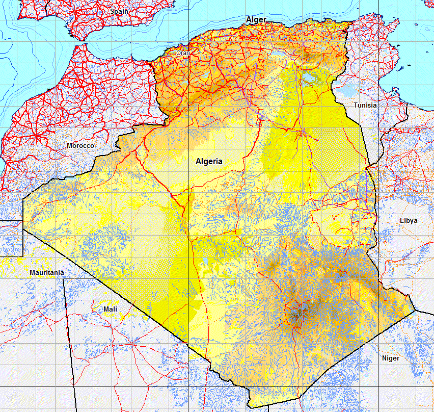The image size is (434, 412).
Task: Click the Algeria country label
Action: click(x=209, y=161)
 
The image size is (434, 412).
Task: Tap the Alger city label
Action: click(x=256, y=20)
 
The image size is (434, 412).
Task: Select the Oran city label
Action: click(x=182, y=53)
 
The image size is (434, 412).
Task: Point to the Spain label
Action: click(x=119, y=11)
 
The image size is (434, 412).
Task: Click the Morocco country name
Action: click(x=80, y=146)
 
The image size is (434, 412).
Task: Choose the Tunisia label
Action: click(x=366, y=105)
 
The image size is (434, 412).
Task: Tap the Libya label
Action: click(x=409, y=221)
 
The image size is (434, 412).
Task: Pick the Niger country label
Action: click(x=391, y=358)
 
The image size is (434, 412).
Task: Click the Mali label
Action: click(x=110, y=309)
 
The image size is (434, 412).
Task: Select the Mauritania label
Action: click(x=47, y=272)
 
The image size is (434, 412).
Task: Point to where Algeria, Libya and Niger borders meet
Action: click(x=416, y=310)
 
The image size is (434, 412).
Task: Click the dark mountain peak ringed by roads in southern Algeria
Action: click(x=296, y=312)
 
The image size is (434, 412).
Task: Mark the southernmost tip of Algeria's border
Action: click(x=253, y=407)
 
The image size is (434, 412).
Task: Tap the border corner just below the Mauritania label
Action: click(x=64, y=278)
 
